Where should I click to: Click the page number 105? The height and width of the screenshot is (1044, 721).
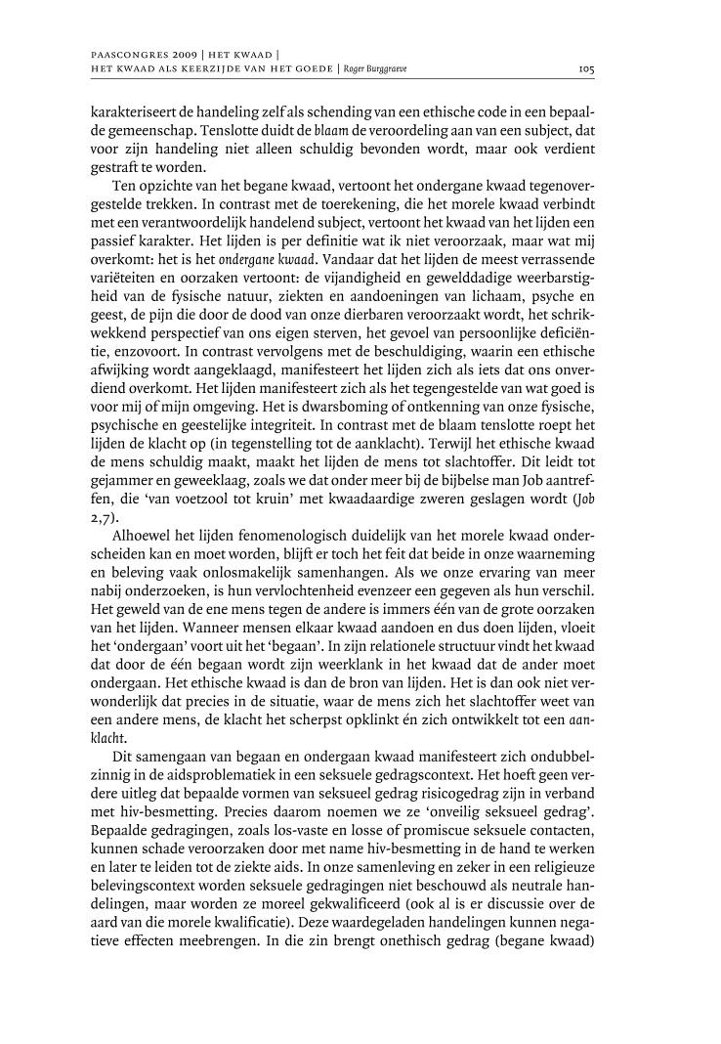(586, 69)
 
